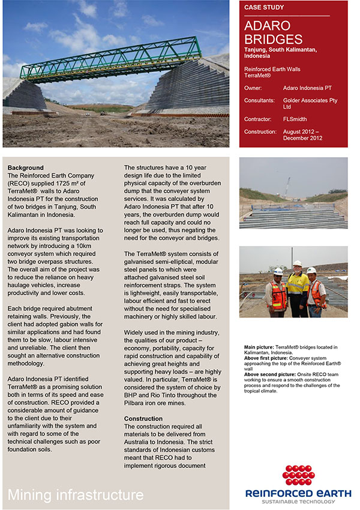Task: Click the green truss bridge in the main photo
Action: pyautogui.click(x=120, y=60)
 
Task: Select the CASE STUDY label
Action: pyautogui.click(x=265, y=8)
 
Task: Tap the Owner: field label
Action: pyautogui.click(x=254, y=88)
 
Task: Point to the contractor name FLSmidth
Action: pyautogui.click(x=295, y=119)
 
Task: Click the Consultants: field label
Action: pyautogui.click(x=260, y=100)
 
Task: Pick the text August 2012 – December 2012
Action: pyautogui.click(x=307, y=134)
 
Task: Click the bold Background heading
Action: pyautogui.click(x=26, y=167)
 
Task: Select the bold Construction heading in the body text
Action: pyautogui.click(x=143, y=418)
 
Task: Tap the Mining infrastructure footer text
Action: pyautogui.click(x=76, y=495)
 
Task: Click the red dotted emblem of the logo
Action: pyautogui.click(x=298, y=476)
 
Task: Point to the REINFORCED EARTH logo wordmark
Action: pyautogui.click(x=298, y=493)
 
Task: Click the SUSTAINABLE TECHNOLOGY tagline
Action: pyautogui.click(x=298, y=502)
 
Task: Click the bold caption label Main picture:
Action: pyautogui.click(x=259, y=347)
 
